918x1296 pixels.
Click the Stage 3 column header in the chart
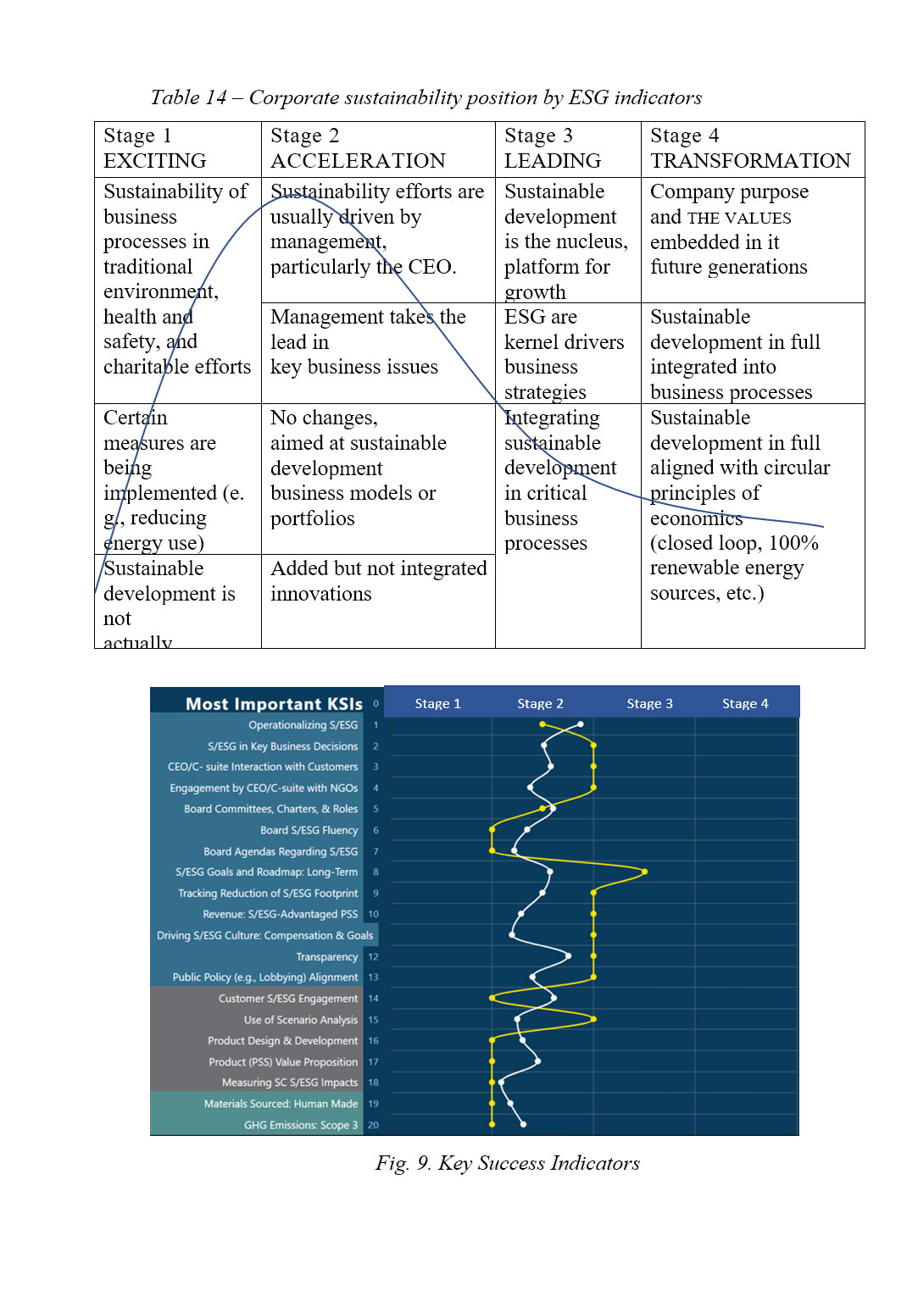point(649,704)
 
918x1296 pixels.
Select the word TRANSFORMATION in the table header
point(750,161)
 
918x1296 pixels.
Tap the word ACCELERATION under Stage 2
point(358,161)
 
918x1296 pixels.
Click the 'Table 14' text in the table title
point(188,97)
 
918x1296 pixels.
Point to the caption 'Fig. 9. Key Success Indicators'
point(507,1163)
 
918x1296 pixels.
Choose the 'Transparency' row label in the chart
point(326,957)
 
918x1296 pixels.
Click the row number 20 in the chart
point(373,1126)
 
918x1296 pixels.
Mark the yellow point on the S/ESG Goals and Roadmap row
point(645,872)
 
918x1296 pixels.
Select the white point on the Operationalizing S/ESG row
point(581,724)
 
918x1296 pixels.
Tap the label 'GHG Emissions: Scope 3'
point(301,1126)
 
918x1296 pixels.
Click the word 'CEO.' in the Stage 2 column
point(432,267)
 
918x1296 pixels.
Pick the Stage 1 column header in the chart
point(437,704)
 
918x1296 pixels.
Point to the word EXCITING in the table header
point(154,161)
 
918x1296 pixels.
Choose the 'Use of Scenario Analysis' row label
point(301,1020)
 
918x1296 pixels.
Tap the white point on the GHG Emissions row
point(523,1124)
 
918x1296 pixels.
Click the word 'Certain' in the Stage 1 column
point(136,418)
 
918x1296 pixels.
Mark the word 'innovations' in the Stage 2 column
point(320,594)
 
